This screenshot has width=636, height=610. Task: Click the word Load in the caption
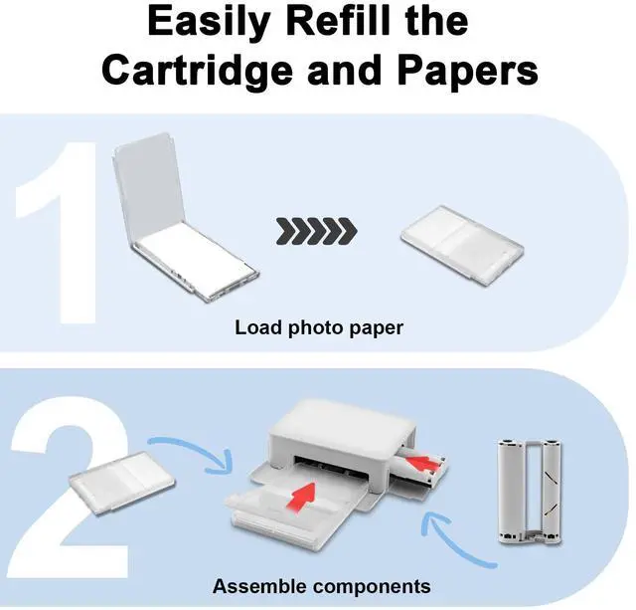[255, 327]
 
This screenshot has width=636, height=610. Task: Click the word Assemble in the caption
[254, 586]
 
